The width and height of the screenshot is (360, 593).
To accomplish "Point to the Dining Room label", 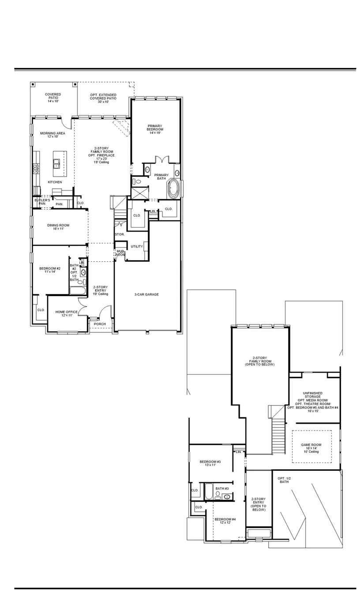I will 58,227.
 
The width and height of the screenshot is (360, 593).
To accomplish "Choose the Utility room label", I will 137,246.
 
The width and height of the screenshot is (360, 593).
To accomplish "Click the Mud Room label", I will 120,253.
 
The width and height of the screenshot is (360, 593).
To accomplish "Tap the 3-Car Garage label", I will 146,294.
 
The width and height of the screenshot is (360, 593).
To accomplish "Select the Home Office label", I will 67,314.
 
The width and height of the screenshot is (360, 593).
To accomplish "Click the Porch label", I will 100,324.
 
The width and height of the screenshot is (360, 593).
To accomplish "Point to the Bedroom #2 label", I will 49,270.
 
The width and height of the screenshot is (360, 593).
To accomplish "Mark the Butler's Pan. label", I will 42,202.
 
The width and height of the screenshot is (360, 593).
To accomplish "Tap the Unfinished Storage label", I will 312,402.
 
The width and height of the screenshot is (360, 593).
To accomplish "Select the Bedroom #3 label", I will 210,463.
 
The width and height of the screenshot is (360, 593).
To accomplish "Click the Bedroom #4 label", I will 225,521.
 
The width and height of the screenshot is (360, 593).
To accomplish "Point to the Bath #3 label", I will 222,488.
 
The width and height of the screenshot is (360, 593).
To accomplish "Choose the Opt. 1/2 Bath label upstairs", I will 284,480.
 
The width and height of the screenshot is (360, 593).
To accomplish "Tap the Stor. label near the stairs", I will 120,234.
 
